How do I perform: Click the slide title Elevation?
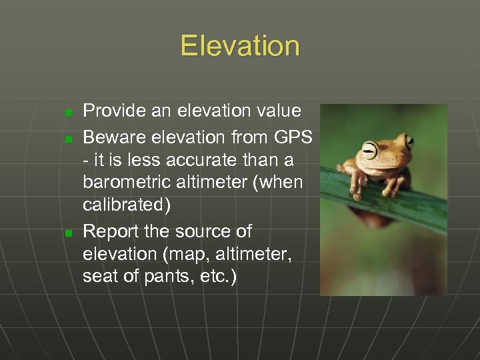[x=240, y=46]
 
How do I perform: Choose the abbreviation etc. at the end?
[x=217, y=276]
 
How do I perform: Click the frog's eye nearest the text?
[x=369, y=147]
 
